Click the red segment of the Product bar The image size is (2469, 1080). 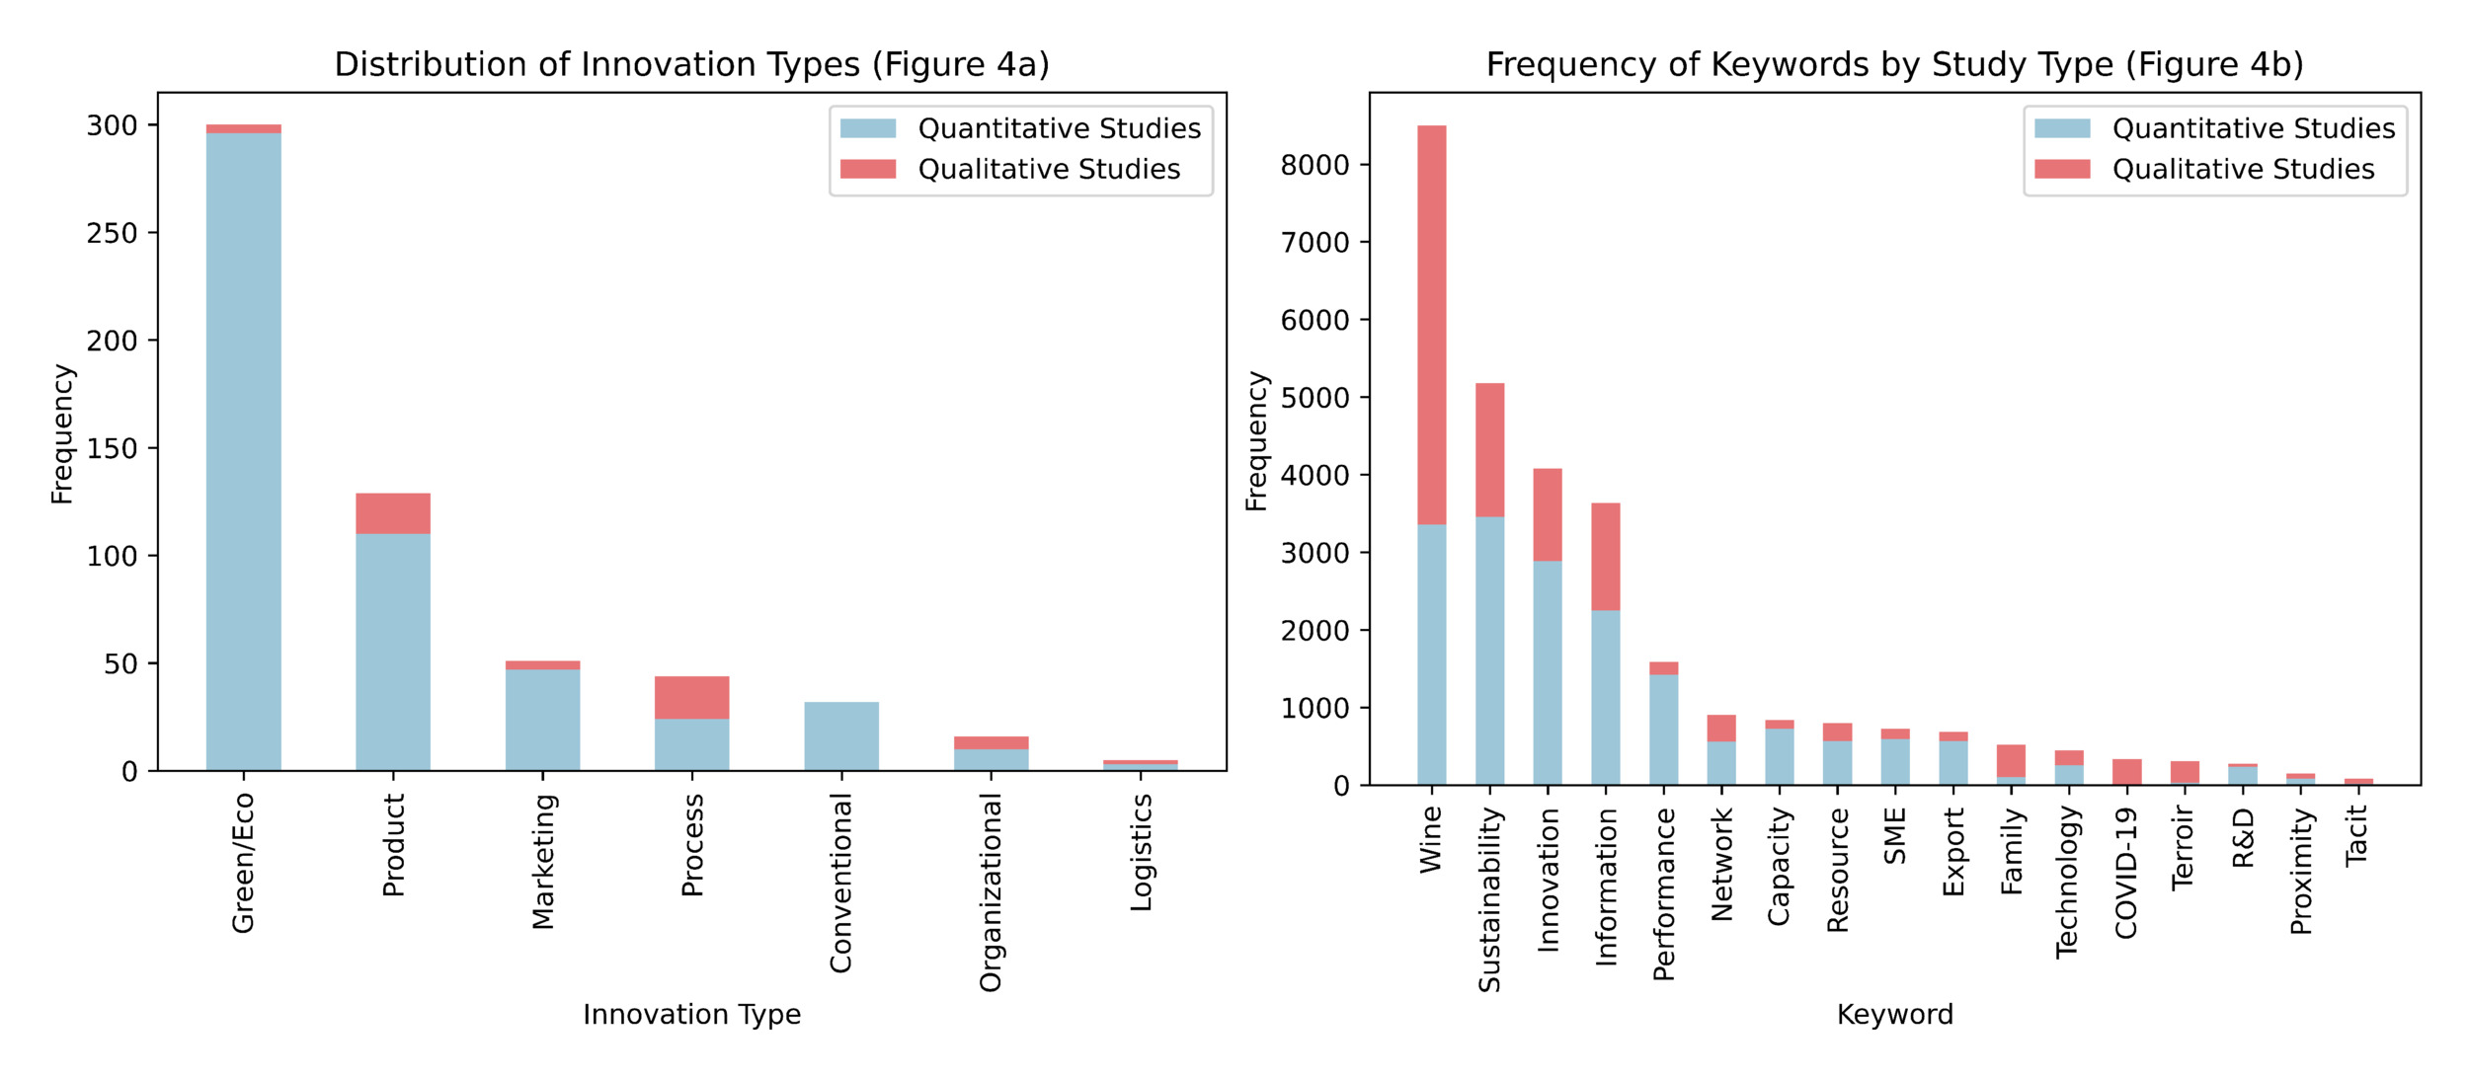click(393, 513)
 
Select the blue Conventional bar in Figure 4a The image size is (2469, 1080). click(841, 735)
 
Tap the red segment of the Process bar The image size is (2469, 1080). click(691, 697)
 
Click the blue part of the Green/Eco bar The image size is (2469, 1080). click(243, 452)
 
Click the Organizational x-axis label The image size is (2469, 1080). click(991, 893)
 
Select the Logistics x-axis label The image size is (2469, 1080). click(1141, 853)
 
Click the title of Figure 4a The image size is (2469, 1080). click(691, 64)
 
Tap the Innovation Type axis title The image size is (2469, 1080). click(691, 1014)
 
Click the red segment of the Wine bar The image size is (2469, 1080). click(1431, 325)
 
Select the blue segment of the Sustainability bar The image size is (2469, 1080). click(1489, 651)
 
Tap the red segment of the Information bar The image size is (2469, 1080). click(1605, 557)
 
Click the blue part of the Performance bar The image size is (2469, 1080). click(1663, 730)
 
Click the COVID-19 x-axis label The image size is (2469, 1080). click(2126, 873)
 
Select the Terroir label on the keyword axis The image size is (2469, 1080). click(2184, 848)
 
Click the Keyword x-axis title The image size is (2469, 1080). click(1894, 1014)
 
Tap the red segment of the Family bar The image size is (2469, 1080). click(2011, 760)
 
